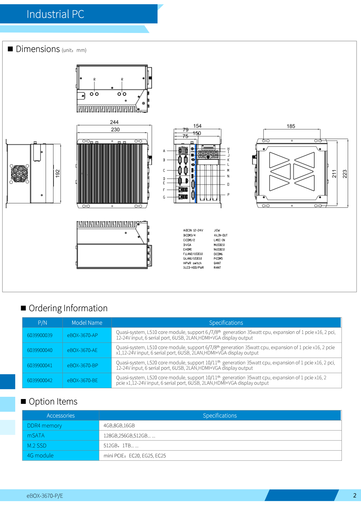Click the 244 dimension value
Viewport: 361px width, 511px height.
pyautogui.click(x=114, y=122)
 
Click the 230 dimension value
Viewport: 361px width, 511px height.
pyautogui.click(x=115, y=129)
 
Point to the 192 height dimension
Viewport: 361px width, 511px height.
pyautogui.click(x=58, y=173)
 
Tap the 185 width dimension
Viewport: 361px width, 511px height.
pyautogui.click(x=291, y=126)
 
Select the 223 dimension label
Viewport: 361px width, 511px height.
pyautogui.click(x=345, y=174)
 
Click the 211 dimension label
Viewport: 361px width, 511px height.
pyautogui.click(x=334, y=174)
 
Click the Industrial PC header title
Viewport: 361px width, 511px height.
pyautogui.click(x=55, y=14)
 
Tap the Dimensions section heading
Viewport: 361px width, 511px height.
pyautogui.click(x=38, y=49)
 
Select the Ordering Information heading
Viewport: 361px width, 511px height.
pyautogui.click(x=68, y=308)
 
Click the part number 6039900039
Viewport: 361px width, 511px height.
pyautogui.click(x=40, y=335)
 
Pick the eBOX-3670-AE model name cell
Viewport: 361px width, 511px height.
pyautogui.click(x=82, y=350)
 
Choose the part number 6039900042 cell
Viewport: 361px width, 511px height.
pyautogui.click(x=40, y=380)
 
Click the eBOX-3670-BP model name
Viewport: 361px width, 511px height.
pyautogui.click(x=83, y=365)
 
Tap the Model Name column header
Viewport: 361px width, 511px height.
pyautogui.click(x=87, y=323)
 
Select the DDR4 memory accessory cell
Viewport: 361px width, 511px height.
pyautogui.click(x=45, y=426)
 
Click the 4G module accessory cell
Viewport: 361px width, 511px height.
pyautogui.click(x=40, y=455)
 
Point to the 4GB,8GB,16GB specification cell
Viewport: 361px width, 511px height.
pyautogui.click(x=119, y=426)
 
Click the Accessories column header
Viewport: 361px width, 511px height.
pyautogui.click(x=61, y=415)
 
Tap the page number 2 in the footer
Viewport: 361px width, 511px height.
pyautogui.click(x=355, y=495)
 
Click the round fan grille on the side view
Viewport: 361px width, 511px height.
pyautogui.click(x=19, y=173)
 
